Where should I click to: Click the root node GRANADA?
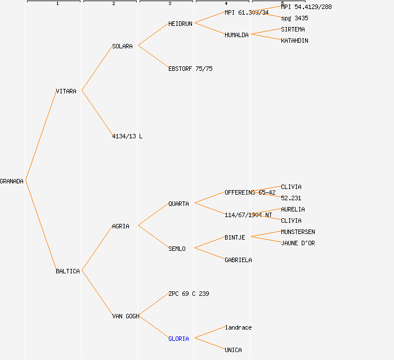tap(12, 181)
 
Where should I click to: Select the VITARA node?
tap(66, 91)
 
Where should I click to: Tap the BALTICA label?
tap(68, 271)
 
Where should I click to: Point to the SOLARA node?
tap(122, 46)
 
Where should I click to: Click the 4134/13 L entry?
tap(127, 136)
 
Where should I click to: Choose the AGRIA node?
tap(120, 226)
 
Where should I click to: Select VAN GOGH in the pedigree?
tap(126, 316)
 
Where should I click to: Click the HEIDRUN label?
tap(180, 24)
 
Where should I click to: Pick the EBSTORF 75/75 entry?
tap(190, 69)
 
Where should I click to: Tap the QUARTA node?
tap(178, 204)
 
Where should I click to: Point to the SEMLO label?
tap(177, 249)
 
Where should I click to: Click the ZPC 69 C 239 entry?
tap(189, 294)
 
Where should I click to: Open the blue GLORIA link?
tap(178, 339)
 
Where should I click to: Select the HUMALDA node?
tap(236, 35)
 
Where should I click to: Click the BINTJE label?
tap(235, 237)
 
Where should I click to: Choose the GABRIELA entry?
tap(238, 260)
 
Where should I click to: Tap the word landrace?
tap(238, 327)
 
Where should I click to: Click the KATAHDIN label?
tap(294, 40)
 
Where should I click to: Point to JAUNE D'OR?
tap(298, 243)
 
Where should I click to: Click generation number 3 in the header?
tap(169, 4)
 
